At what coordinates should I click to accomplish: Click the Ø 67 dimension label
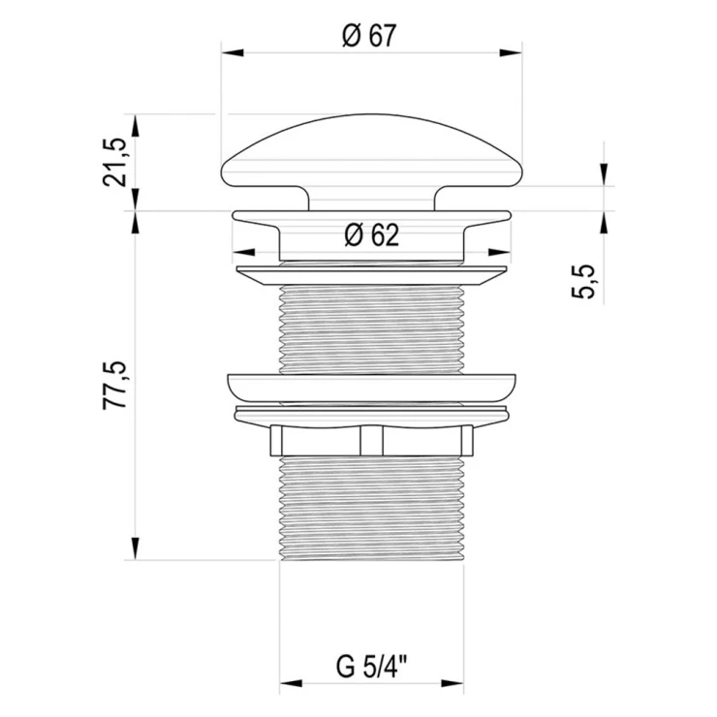point(369,36)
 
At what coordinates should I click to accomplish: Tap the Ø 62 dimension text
point(372,235)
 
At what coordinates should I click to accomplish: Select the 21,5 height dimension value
point(114,162)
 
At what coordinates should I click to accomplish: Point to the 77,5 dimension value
point(114,385)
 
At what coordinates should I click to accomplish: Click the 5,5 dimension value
point(584,282)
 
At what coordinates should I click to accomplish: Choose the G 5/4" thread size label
point(371,668)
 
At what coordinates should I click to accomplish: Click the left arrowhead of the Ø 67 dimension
point(233,53)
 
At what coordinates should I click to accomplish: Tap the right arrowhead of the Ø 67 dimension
point(511,53)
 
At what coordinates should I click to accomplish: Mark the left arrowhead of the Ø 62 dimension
point(244,253)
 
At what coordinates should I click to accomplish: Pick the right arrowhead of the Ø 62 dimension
point(499,253)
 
